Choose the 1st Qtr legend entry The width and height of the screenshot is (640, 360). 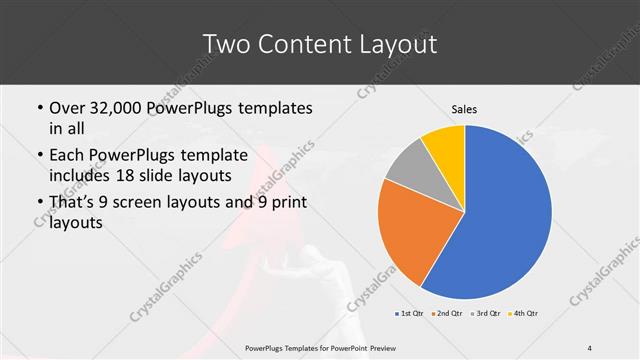click(x=411, y=314)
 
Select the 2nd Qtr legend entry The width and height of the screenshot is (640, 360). click(x=449, y=314)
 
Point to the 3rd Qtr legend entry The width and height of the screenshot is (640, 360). click(x=487, y=314)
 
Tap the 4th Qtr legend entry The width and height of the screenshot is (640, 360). click(x=525, y=314)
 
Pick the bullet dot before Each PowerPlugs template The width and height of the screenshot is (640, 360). click(x=39, y=155)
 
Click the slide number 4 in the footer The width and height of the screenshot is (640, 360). click(x=589, y=347)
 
